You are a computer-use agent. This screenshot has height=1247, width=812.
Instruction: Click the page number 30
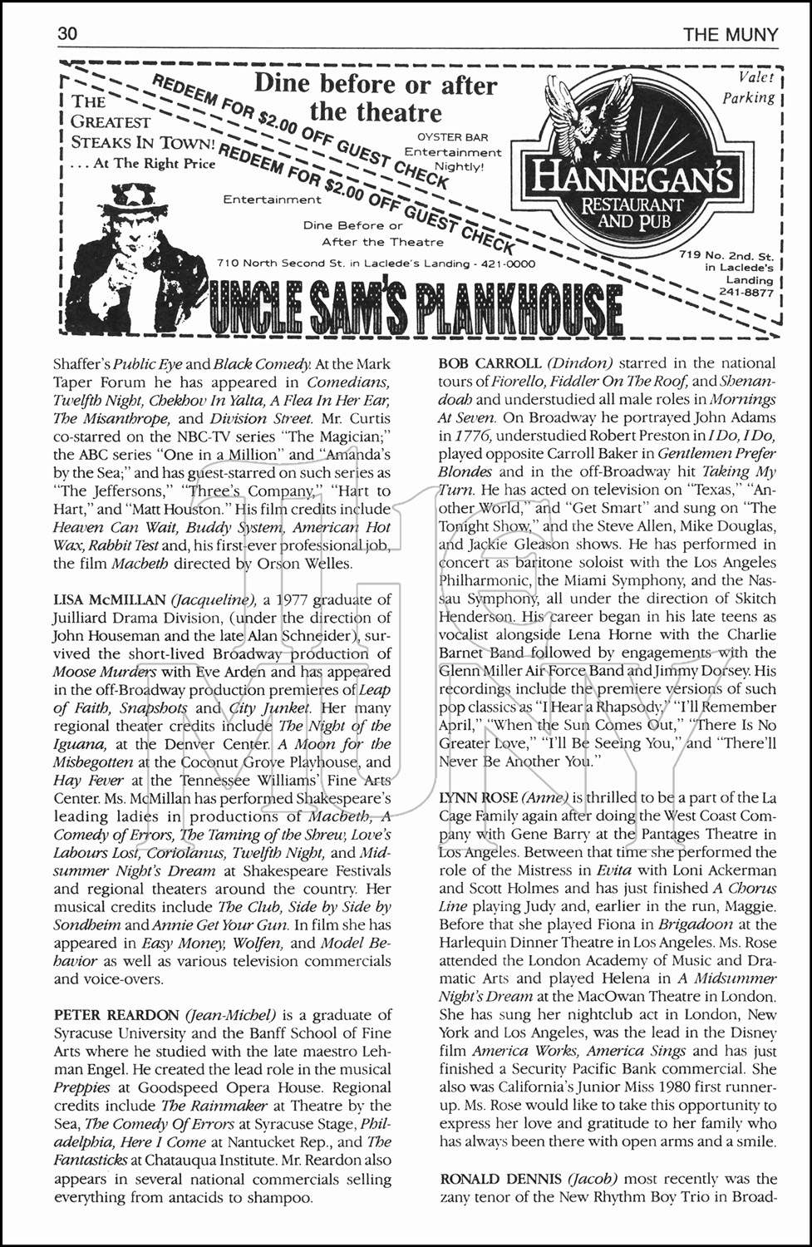point(67,34)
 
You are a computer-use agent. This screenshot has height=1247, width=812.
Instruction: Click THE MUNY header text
point(731,34)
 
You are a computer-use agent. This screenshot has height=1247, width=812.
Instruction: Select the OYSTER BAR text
point(452,137)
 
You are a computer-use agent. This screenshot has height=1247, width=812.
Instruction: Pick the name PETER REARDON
point(116,1015)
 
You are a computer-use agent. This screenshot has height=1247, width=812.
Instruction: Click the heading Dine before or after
point(376,84)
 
